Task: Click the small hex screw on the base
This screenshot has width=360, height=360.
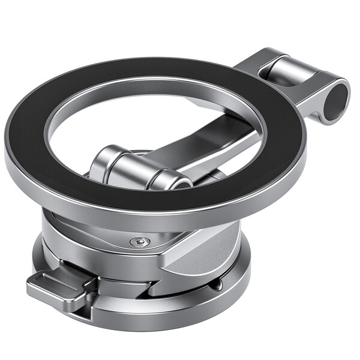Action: coord(139,241)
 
